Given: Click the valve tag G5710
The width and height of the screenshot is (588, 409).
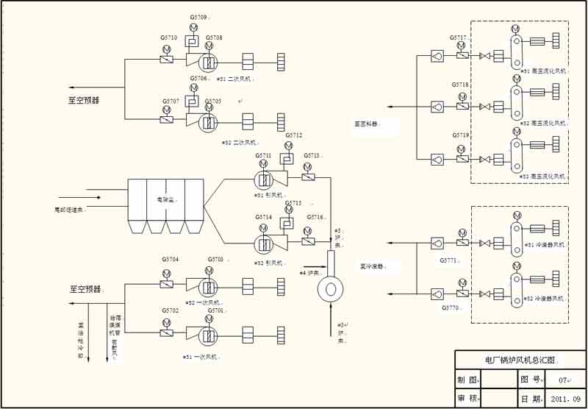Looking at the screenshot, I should [x=168, y=38].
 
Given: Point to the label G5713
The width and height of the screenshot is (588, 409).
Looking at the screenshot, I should [x=312, y=156].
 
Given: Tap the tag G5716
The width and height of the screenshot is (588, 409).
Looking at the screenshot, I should [x=315, y=217].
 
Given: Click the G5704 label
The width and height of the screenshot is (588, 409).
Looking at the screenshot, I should [x=171, y=260].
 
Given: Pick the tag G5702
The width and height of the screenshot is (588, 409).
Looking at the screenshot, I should [x=171, y=310].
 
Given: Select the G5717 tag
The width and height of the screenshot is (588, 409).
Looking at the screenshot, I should [x=459, y=38].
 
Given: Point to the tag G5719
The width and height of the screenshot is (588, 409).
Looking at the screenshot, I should [x=460, y=136].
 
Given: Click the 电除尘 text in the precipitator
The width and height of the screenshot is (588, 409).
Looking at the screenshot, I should [x=165, y=199].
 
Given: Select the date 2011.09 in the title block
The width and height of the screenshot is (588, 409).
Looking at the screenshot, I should [x=565, y=399].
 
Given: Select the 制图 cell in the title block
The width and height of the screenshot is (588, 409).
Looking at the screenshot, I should [x=467, y=380].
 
